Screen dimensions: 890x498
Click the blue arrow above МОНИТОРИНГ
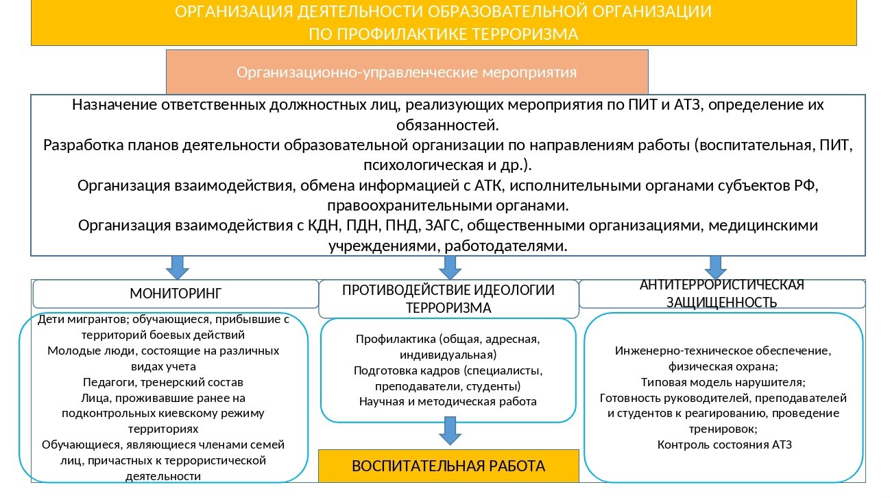tap(177, 268)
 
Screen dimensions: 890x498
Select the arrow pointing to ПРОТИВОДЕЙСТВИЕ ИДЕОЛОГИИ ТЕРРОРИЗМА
tap(450, 268)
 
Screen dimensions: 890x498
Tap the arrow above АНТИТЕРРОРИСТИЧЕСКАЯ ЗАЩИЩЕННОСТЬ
tap(716, 268)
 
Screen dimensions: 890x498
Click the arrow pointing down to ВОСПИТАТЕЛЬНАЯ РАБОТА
tap(450, 431)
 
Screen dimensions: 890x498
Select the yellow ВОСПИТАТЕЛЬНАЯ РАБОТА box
tap(448, 466)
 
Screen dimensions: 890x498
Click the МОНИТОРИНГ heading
tap(176, 294)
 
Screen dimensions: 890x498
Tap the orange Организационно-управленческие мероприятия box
tap(407, 72)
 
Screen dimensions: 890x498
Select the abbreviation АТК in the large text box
tap(489, 186)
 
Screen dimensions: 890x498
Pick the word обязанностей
tap(447, 126)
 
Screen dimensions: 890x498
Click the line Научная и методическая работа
tap(448, 402)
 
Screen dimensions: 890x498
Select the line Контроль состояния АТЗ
tap(724, 444)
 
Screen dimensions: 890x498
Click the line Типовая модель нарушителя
tap(723, 382)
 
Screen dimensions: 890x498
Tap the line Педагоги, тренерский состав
tap(163, 382)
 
